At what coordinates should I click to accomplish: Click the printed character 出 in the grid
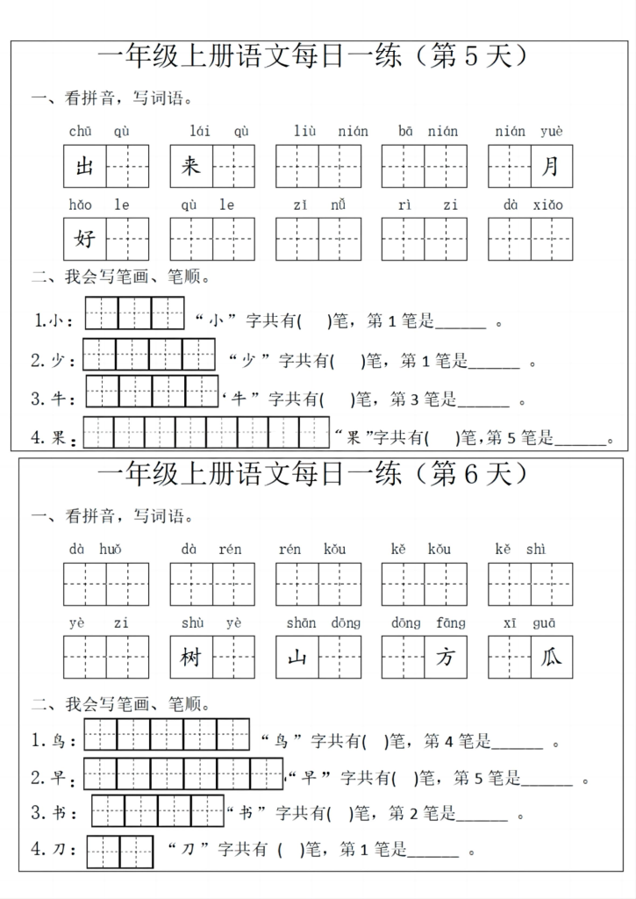[84, 166]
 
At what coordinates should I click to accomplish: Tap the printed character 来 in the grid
[190, 166]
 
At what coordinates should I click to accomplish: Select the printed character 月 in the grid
[551, 166]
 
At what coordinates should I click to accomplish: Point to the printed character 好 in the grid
[84, 239]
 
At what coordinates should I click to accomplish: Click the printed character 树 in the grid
[190, 658]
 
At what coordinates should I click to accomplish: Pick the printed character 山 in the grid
[297, 658]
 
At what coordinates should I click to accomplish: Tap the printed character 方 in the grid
[445, 658]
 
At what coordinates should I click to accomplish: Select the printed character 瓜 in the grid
[551, 658]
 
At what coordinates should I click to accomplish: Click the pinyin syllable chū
[80, 132]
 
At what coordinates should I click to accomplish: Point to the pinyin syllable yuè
[552, 132]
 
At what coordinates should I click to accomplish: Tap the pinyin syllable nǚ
[338, 205]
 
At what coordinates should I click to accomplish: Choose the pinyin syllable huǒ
[111, 550]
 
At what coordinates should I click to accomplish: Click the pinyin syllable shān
[301, 623]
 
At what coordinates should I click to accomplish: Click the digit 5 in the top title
[468, 57]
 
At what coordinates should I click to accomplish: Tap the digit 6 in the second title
[468, 475]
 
